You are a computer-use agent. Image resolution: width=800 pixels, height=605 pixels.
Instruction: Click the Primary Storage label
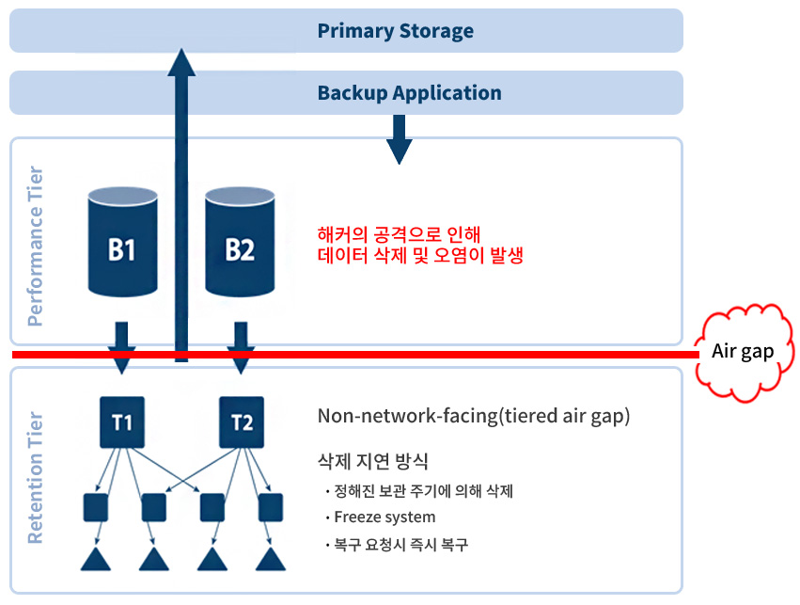click(x=395, y=31)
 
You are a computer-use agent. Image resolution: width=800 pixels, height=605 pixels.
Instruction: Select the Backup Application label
click(x=409, y=93)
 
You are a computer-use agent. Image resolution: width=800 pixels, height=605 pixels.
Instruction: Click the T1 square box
click(x=122, y=422)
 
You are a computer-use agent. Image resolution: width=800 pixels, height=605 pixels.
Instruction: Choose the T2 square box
click(x=242, y=422)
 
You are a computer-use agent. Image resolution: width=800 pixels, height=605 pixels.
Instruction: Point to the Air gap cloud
click(x=743, y=351)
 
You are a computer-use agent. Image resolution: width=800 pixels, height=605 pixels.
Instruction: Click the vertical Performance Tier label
click(x=36, y=247)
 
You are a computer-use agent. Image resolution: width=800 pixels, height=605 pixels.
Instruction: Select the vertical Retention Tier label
click(x=36, y=478)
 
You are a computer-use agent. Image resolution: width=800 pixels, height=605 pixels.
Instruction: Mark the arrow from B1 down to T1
click(x=122, y=346)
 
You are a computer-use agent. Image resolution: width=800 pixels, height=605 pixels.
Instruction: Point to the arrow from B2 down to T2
click(x=241, y=346)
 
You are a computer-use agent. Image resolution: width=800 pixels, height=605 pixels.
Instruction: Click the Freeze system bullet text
click(x=384, y=517)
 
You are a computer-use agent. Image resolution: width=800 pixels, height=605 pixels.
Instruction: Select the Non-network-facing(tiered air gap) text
click(x=473, y=416)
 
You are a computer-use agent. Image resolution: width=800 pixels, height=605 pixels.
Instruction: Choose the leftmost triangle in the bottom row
click(x=96, y=558)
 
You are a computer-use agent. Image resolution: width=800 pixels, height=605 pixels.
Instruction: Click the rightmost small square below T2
click(x=272, y=507)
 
